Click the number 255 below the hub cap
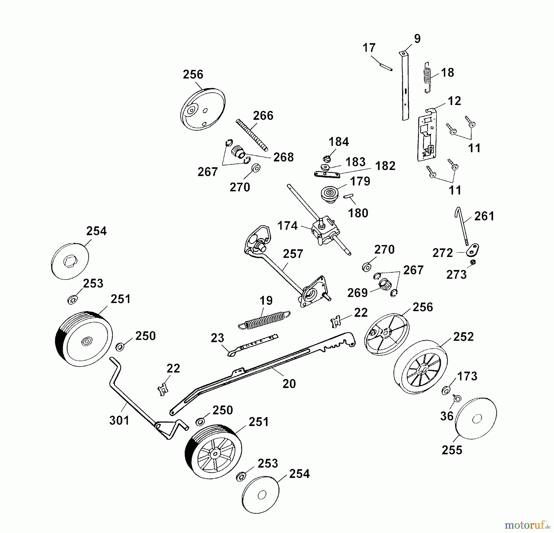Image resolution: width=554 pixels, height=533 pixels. (452, 450)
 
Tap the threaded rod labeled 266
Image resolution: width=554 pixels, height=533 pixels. (252, 135)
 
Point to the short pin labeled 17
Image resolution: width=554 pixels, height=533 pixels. (386, 67)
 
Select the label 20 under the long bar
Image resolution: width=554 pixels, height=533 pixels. (289, 383)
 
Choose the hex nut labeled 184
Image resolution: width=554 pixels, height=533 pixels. (327, 159)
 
